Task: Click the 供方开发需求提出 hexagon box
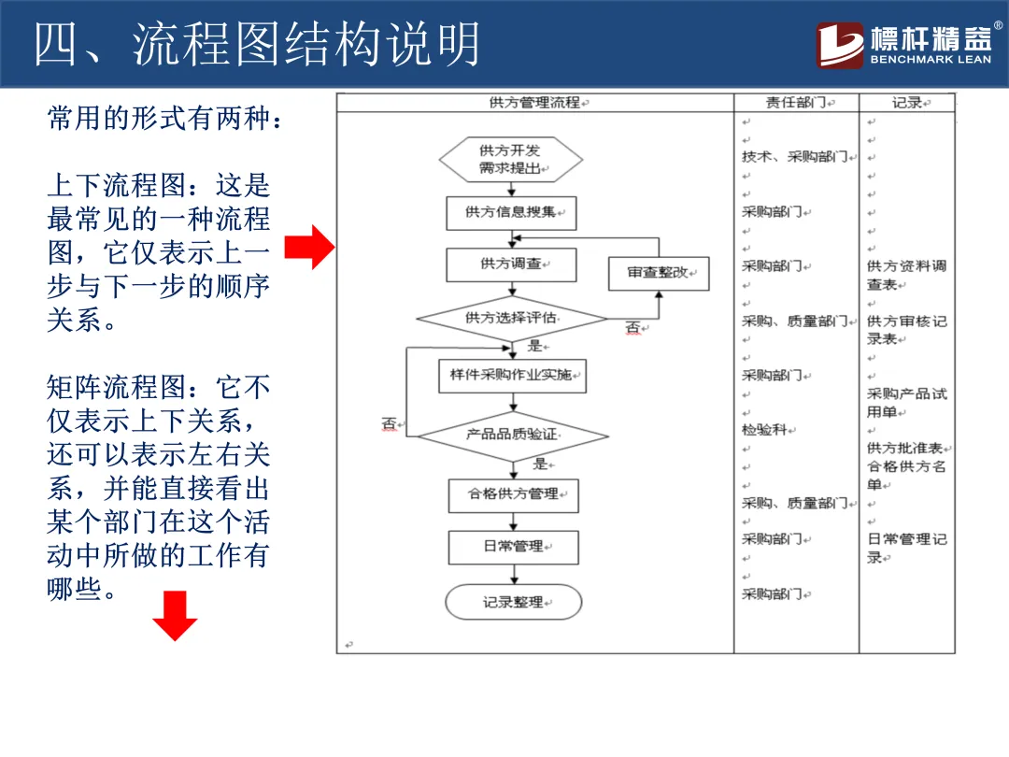(x=510, y=160)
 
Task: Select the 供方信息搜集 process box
(x=510, y=212)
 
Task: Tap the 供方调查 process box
(x=510, y=264)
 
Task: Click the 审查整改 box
(x=658, y=273)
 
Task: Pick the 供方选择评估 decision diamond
(x=511, y=319)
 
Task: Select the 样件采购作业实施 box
(x=511, y=376)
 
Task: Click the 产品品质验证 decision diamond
(x=512, y=435)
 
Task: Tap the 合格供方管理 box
(x=513, y=494)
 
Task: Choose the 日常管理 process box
(x=513, y=547)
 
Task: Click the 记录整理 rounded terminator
(x=513, y=603)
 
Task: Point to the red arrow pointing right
(x=308, y=248)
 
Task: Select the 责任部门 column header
(x=796, y=103)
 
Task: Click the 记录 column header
(x=907, y=103)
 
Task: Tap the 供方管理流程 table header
(x=534, y=103)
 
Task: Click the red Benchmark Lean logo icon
(x=840, y=45)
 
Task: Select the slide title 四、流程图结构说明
(x=257, y=44)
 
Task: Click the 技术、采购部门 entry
(x=794, y=157)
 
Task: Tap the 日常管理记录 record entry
(x=906, y=548)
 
